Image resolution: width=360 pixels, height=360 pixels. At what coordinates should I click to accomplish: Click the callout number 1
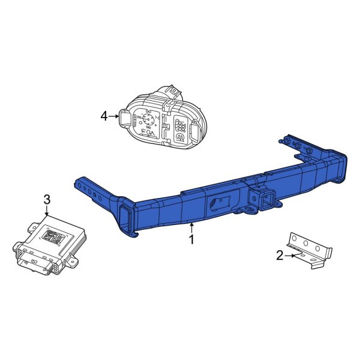[x=191, y=240]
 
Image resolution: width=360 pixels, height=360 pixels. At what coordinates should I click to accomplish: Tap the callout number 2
[x=280, y=256]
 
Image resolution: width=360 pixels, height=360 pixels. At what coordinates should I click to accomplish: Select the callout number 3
[x=47, y=199]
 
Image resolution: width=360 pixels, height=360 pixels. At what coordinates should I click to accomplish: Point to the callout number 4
[x=104, y=116]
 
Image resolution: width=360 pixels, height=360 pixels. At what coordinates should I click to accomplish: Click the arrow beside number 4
[x=114, y=116]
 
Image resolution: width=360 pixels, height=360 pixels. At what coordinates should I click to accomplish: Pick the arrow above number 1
[x=191, y=227]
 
